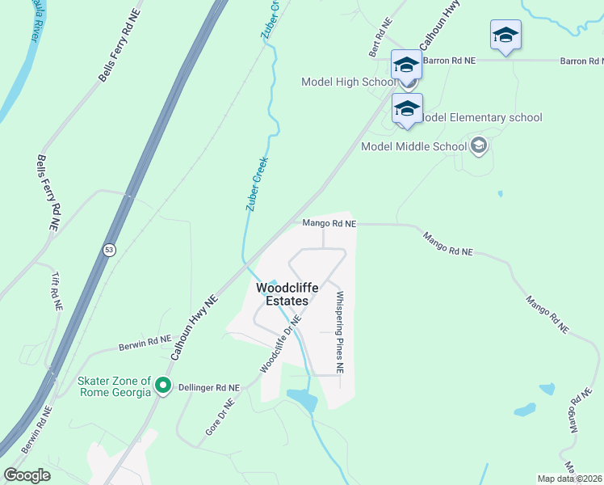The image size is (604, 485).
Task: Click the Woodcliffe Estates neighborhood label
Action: click(x=282, y=294)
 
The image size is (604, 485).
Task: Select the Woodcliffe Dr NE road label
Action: click(x=281, y=344)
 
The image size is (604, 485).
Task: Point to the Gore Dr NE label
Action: click(x=219, y=417)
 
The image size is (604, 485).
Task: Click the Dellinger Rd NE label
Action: click(x=209, y=388)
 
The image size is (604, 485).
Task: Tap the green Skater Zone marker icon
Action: click(x=163, y=387)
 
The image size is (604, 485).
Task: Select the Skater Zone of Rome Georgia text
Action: click(x=114, y=387)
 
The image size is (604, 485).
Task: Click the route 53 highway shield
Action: click(x=109, y=251)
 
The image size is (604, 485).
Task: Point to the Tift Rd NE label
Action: click(x=56, y=291)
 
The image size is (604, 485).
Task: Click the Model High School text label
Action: click(x=348, y=82)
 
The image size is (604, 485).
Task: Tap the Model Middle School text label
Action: click(x=413, y=146)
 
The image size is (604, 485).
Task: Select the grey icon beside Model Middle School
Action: click(x=479, y=145)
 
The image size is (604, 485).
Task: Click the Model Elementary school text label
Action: click(x=481, y=117)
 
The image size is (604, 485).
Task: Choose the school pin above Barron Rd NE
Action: click(x=505, y=36)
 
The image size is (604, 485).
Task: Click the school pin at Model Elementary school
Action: click(x=407, y=108)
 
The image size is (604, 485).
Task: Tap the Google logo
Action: click(x=27, y=475)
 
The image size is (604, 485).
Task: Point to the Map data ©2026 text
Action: click(x=570, y=479)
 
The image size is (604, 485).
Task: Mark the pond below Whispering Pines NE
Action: click(x=300, y=399)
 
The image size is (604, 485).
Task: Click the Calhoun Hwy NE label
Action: click(x=195, y=327)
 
